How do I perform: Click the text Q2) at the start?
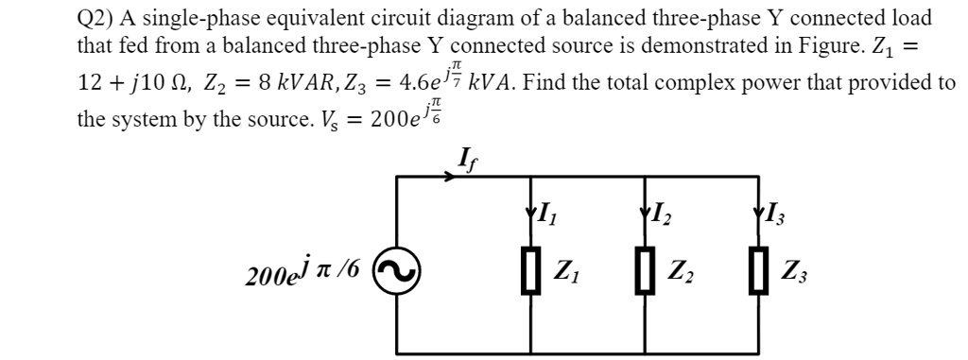pyautogui.click(x=95, y=18)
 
